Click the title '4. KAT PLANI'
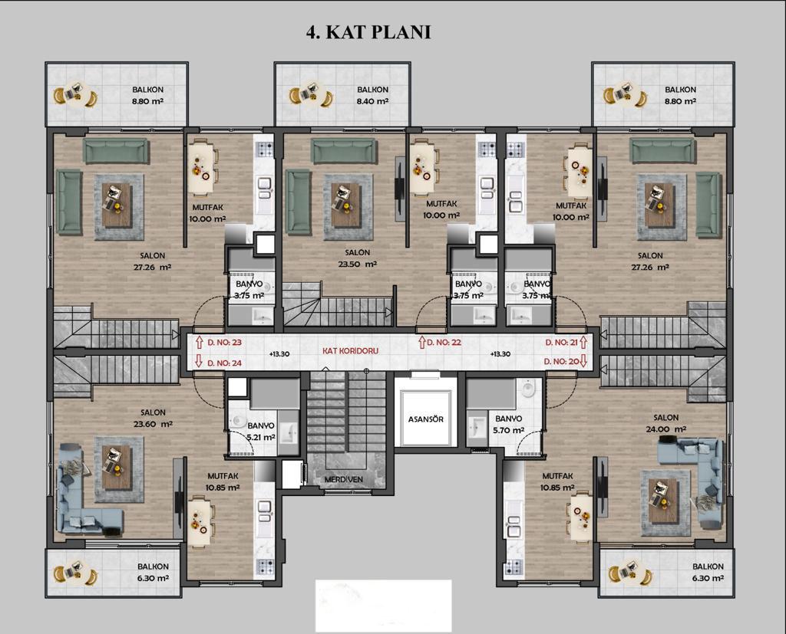368,32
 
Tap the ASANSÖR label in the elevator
425,419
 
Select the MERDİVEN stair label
343,479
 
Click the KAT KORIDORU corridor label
350,350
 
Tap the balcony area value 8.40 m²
372,101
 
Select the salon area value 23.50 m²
358,264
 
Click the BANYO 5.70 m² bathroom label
509,424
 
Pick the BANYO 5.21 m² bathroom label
261,431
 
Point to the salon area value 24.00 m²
666,429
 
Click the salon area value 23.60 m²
153,424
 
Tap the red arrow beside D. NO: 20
583,361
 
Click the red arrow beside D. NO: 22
421,342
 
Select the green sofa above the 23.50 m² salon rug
344,151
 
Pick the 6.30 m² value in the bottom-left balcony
153,578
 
